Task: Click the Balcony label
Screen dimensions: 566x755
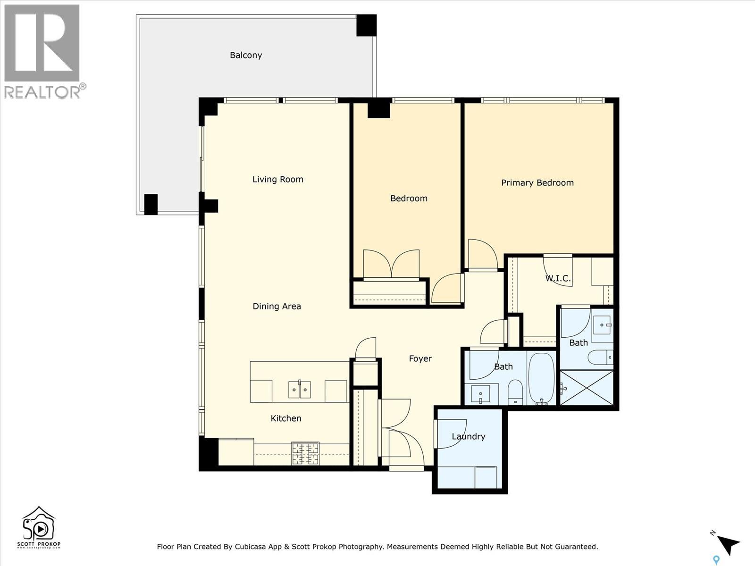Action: tap(246, 55)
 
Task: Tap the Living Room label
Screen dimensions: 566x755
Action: tap(277, 179)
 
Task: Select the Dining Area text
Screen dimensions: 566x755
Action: tap(277, 306)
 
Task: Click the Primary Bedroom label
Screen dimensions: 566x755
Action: tap(537, 183)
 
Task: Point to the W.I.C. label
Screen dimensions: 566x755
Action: tap(558, 278)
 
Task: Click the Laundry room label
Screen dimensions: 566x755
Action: tap(468, 436)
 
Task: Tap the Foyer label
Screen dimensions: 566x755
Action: tap(420, 358)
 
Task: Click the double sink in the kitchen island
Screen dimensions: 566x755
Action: tap(299, 390)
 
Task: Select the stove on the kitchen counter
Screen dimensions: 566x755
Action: tap(305, 453)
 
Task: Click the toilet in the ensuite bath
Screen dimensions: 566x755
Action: tap(600, 357)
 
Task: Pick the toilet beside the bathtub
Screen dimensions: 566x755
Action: tap(515, 392)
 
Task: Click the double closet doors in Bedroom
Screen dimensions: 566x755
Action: tap(391, 264)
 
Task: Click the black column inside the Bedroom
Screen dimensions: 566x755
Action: tap(378, 109)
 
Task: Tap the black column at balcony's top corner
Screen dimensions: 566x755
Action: tap(366, 25)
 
